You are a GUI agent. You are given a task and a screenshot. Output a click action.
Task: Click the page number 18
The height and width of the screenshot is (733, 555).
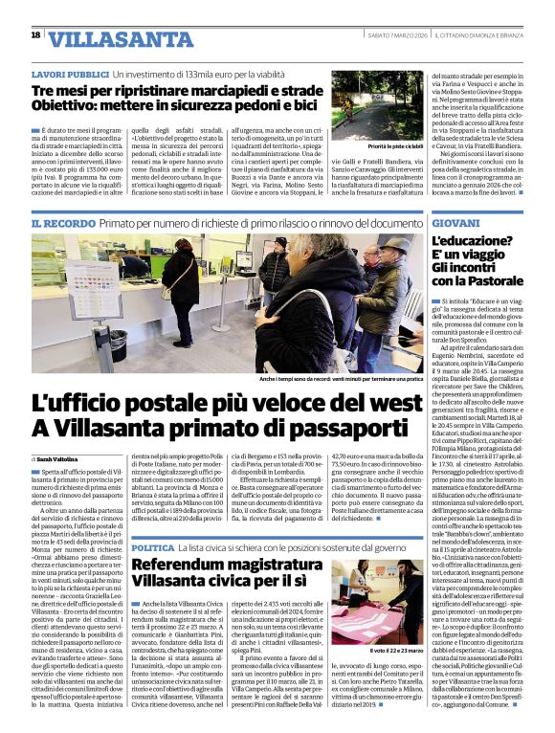pos(35,35)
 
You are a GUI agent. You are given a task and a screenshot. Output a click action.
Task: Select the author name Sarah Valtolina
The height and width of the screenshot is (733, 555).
pos(63,460)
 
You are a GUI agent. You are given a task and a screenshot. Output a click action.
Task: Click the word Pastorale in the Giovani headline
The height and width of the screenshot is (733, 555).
pos(482,281)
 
